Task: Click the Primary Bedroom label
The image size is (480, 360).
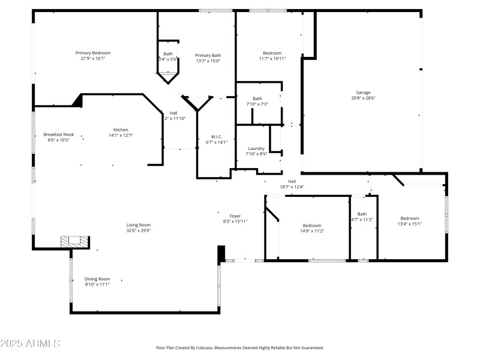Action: point(92,53)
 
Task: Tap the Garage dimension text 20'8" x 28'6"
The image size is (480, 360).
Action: point(363,98)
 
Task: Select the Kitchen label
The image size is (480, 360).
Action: point(121,130)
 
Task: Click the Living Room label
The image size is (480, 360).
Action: point(138,224)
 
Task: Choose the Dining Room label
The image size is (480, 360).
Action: point(97,278)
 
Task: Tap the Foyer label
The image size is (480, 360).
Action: point(235,215)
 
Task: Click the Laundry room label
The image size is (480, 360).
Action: point(257,148)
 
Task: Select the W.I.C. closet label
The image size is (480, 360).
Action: point(217,136)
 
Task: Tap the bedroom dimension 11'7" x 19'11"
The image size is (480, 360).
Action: point(272,59)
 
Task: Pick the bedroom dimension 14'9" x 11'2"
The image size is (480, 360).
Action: point(311,231)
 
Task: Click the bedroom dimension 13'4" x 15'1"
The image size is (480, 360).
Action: point(410,224)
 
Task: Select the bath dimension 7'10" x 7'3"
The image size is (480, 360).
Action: point(257,104)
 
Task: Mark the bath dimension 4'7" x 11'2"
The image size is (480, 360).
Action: point(362,220)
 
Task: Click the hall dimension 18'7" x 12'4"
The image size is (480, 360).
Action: point(292,187)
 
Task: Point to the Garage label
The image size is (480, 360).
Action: point(363,92)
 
